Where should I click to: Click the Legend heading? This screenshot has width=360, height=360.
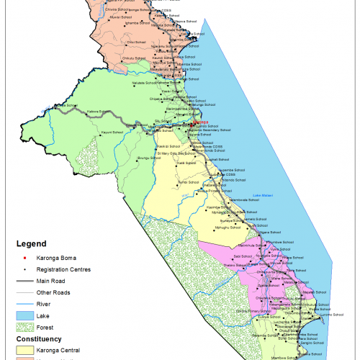[27, 243]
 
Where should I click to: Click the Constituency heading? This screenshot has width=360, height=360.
[37, 339]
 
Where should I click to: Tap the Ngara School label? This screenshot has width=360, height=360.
[266, 233]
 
